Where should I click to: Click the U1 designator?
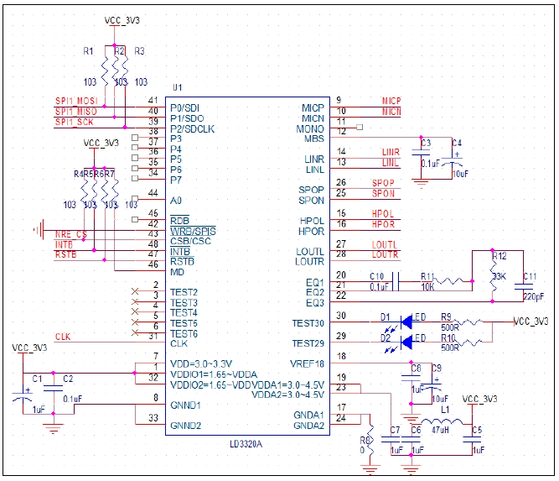coord(177,87)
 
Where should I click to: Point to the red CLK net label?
coord(63,337)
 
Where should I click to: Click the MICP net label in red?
coord(391,101)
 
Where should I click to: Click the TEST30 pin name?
coord(308,323)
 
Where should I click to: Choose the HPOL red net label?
coord(383,214)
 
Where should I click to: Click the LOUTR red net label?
coord(386,254)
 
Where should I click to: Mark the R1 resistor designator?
coord(89,51)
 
